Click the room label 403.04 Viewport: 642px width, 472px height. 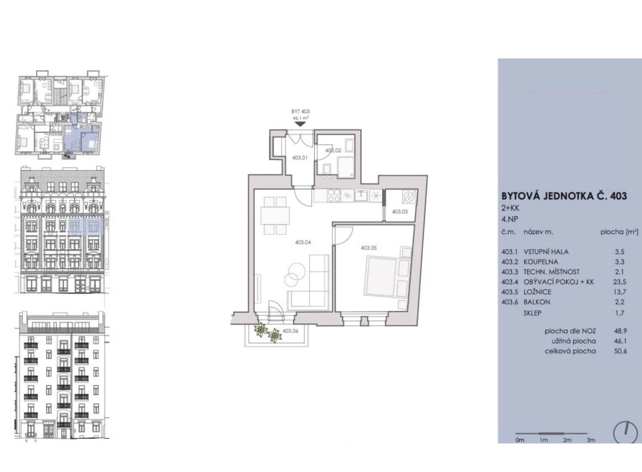(x=303, y=242)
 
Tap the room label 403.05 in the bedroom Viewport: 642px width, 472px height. (x=369, y=248)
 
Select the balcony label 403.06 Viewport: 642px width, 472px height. (x=290, y=331)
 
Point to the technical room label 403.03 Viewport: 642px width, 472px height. (x=400, y=212)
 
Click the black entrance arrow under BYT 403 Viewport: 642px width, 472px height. (x=300, y=124)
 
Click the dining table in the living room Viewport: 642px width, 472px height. (x=275, y=216)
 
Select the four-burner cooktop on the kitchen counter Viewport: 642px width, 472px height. (x=334, y=196)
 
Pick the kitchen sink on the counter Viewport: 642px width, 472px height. (x=362, y=196)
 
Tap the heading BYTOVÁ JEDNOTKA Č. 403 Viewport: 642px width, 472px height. (x=564, y=196)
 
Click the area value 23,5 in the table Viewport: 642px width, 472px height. (x=619, y=282)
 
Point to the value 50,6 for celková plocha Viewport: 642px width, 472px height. (x=620, y=351)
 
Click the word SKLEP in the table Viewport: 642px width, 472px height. (x=532, y=313)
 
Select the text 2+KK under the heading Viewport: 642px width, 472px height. (x=510, y=208)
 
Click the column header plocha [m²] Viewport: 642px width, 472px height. (x=619, y=232)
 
